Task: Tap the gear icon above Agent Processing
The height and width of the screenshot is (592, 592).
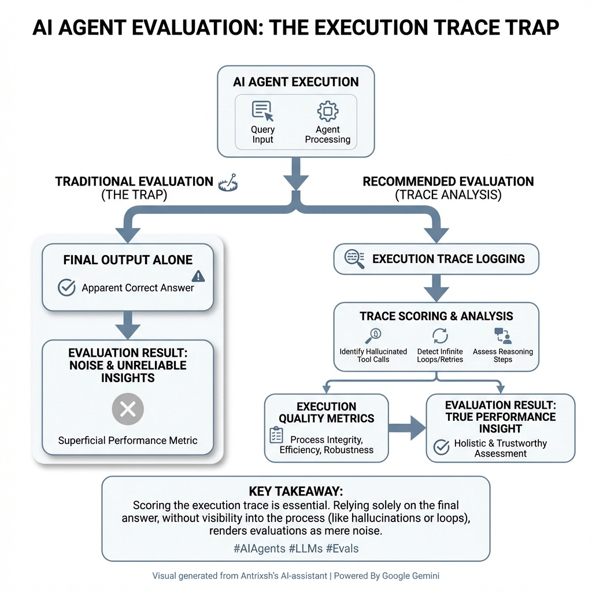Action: click(328, 111)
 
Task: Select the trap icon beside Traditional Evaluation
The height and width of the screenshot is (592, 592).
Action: click(227, 183)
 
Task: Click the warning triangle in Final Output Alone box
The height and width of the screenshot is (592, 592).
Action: click(198, 276)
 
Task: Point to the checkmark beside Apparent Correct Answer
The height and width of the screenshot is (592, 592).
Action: click(67, 287)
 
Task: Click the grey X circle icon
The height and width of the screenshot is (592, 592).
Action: click(127, 410)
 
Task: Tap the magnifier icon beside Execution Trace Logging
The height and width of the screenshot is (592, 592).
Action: click(354, 259)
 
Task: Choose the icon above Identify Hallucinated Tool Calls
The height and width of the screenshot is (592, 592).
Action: click(373, 335)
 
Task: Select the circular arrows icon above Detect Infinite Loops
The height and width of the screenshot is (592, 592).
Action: click(441, 335)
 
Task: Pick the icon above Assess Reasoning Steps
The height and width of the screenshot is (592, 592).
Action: click(502, 336)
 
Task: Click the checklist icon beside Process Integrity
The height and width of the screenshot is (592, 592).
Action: click(277, 435)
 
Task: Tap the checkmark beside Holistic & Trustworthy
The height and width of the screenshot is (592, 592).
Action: click(442, 446)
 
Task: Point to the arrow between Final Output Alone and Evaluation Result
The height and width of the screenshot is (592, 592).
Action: click(128, 325)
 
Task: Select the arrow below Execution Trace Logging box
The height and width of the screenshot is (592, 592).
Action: click(436, 287)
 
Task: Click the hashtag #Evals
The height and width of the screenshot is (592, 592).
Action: click(342, 548)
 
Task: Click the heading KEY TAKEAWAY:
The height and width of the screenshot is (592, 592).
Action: click(295, 491)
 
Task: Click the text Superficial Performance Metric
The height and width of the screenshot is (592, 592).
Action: click(128, 441)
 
